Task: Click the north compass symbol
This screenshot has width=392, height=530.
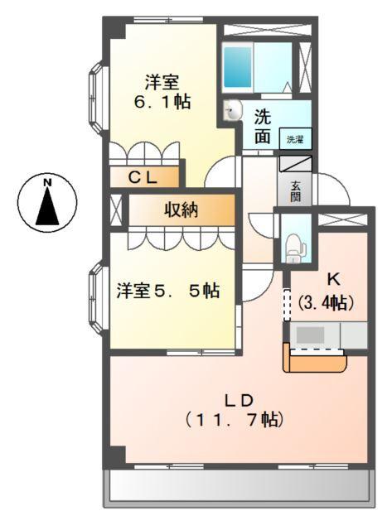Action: pos(48,201)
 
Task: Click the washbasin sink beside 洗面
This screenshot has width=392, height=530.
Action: pos(232,110)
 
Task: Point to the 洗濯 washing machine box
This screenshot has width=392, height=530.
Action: pos(295,139)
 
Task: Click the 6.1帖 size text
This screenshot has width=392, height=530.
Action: pos(163,102)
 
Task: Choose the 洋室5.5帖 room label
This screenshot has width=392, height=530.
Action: pos(167,291)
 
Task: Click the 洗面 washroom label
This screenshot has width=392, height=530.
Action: pos(262,127)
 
